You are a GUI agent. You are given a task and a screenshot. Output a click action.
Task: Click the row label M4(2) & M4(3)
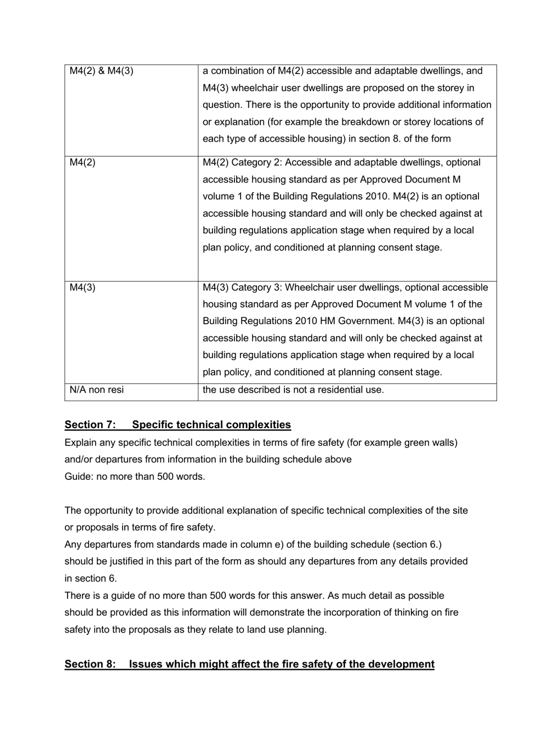[x=101, y=71]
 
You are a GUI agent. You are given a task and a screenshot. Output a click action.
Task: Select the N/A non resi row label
[x=97, y=390]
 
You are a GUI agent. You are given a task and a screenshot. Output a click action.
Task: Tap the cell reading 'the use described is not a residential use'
[x=293, y=390]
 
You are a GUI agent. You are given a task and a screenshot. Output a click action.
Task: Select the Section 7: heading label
[x=90, y=425]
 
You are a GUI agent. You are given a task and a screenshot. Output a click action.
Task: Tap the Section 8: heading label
[x=90, y=664]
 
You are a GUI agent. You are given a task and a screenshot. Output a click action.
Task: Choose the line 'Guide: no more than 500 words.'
[x=135, y=476]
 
